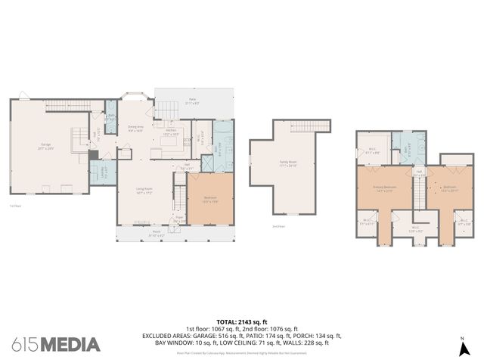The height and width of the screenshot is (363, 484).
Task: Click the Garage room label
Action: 46,147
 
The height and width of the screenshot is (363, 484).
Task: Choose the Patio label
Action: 192,101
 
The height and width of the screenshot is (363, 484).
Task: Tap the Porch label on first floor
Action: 156,233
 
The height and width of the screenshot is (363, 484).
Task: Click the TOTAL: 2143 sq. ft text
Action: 241,321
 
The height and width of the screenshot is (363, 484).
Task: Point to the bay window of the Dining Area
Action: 135,99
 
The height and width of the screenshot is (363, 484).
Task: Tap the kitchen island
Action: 171,141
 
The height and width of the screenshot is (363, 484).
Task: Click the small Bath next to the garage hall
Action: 110,118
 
